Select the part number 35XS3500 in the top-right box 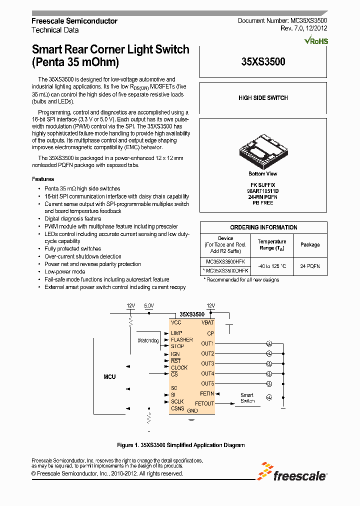(x=263, y=62)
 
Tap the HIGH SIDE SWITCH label (x=263, y=98)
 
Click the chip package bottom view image (x=263, y=148)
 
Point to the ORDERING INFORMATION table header (x=263, y=227)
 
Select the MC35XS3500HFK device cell (x=226, y=261)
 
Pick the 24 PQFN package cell (x=310, y=266)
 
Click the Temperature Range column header (x=272, y=244)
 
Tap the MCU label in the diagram (x=109, y=376)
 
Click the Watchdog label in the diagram (x=148, y=340)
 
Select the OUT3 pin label (x=207, y=363)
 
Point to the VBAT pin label (x=207, y=323)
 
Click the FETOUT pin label (x=204, y=403)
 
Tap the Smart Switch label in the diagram (x=247, y=398)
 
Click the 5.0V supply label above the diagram (x=149, y=305)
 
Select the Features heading (x=43, y=179)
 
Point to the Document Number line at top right (x=282, y=21)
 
